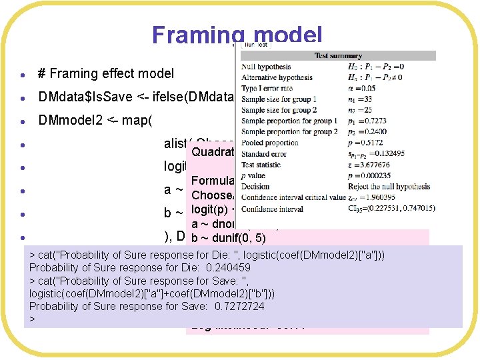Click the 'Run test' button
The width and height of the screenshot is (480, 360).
tap(255, 45)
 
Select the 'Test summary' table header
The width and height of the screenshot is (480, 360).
tap(339, 56)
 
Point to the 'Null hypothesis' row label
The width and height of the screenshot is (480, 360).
tap(266, 67)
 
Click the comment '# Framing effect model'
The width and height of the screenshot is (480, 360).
tap(106, 74)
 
